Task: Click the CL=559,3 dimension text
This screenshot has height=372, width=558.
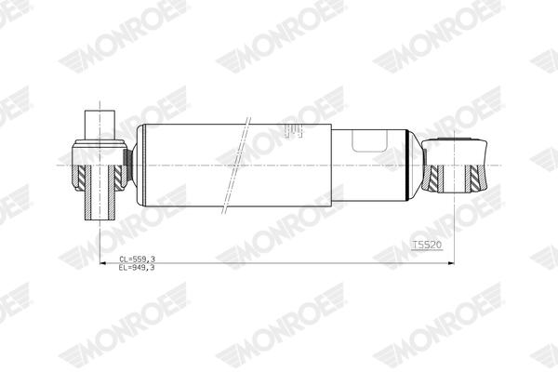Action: click(138, 259)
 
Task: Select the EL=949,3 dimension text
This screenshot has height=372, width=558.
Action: click(138, 267)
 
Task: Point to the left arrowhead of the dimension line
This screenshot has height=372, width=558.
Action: click(100, 263)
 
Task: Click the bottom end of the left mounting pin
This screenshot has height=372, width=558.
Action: click(99, 219)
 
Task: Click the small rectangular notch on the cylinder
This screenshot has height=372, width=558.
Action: click(369, 140)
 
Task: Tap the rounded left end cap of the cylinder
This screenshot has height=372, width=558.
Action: click(139, 164)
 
